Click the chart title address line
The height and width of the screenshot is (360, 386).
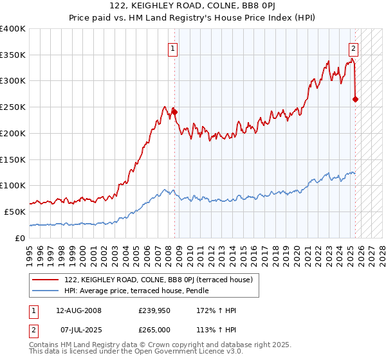pyautogui.click(x=192, y=6)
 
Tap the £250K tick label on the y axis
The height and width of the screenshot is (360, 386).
pyautogui.click(x=13, y=107)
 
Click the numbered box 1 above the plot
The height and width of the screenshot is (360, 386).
pyautogui.click(x=174, y=47)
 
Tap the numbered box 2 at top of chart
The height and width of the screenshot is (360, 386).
pyautogui.click(x=353, y=47)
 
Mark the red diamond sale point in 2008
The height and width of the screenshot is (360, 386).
pyautogui.click(x=174, y=112)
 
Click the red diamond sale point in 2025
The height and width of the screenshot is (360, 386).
pyautogui.click(x=355, y=99)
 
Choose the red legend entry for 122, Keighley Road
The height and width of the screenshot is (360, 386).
pyautogui.click(x=161, y=280)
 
